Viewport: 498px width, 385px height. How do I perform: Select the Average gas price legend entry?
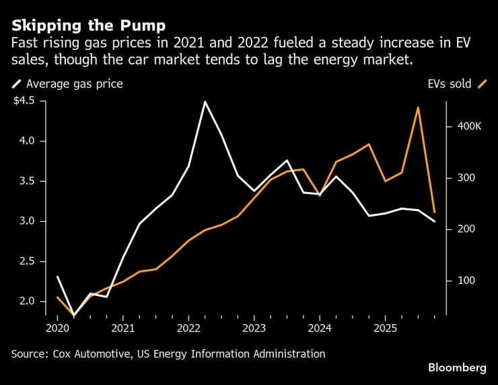click(x=74, y=84)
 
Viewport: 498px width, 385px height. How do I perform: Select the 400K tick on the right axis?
click(x=470, y=127)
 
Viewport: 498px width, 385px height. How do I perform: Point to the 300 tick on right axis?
click(x=467, y=178)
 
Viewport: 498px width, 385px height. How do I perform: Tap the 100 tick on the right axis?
click(x=467, y=280)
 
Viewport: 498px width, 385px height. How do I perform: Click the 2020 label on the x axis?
click(x=57, y=328)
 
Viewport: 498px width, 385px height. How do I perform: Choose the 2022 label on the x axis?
click(x=188, y=328)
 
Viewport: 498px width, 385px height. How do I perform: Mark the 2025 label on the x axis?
click(x=385, y=328)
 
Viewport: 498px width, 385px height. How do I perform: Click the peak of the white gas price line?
click(x=205, y=102)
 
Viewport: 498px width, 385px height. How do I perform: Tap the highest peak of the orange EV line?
click(x=418, y=107)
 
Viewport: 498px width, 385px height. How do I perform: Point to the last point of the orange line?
click(x=434, y=212)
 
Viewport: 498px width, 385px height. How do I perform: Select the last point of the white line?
click(x=434, y=221)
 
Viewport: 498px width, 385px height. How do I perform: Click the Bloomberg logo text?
click(x=457, y=367)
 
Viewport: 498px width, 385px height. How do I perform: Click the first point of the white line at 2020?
click(x=57, y=276)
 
